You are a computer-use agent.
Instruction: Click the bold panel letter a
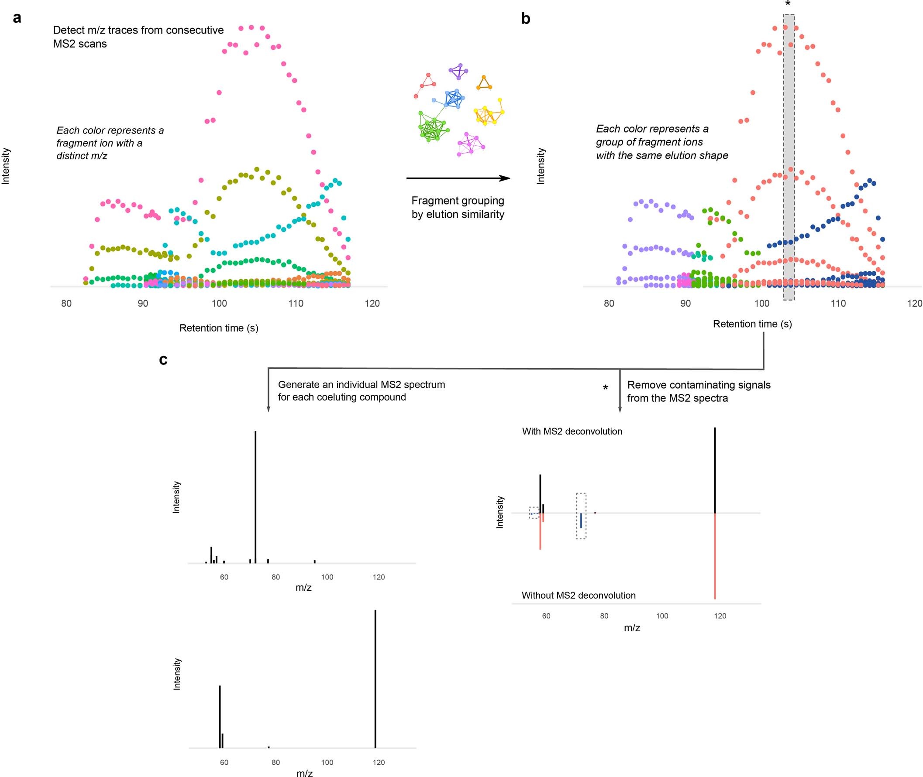click(x=17, y=18)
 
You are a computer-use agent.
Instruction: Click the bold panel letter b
click(x=525, y=18)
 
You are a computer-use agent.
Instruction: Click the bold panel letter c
click(x=163, y=360)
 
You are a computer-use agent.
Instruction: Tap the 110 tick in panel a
click(x=296, y=304)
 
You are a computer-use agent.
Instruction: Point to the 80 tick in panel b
click(x=609, y=304)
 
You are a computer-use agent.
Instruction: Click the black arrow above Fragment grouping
click(x=458, y=178)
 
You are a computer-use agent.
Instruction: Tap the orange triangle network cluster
click(x=484, y=83)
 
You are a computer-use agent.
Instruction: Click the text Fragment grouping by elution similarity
click(x=458, y=208)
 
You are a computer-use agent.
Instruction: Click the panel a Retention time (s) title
click(x=219, y=328)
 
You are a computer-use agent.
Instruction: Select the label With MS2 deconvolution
click(x=572, y=431)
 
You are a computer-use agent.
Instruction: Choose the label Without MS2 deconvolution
click(x=579, y=596)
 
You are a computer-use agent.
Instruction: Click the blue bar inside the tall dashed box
click(x=581, y=520)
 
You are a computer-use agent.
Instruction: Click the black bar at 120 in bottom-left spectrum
click(x=375, y=678)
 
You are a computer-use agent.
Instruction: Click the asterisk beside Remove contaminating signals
click(x=605, y=388)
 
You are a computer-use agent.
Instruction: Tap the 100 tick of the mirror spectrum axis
click(x=662, y=616)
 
